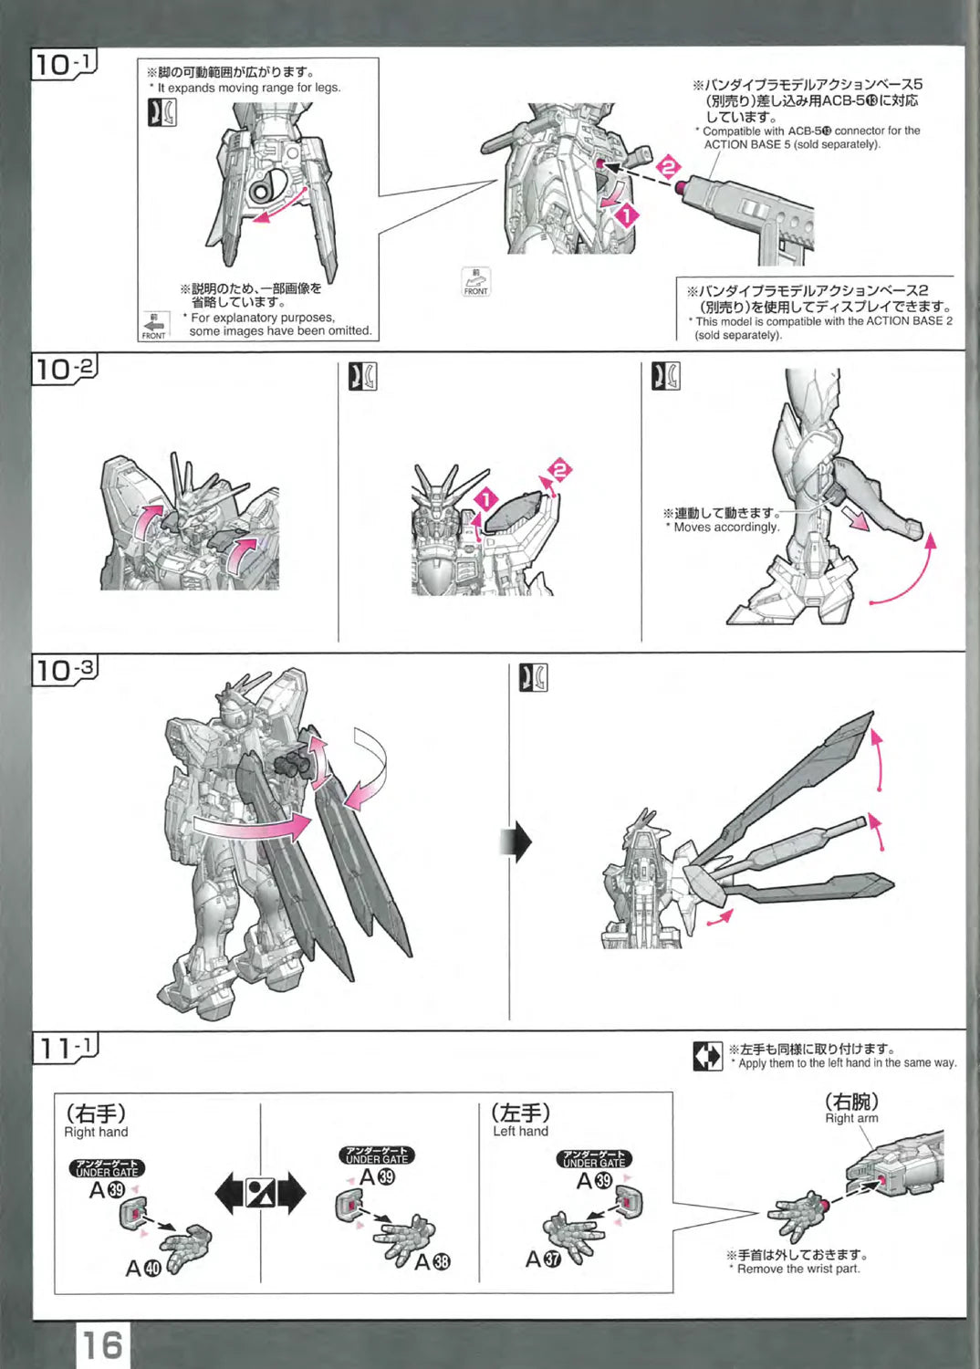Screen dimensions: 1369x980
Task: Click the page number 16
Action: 101,1344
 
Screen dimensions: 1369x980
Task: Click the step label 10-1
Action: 64,65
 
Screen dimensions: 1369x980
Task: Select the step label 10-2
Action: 64,369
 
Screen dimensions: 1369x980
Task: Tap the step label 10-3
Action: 64,671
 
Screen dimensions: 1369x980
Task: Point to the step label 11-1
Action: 65,1048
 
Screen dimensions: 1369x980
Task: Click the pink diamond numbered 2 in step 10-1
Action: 669,168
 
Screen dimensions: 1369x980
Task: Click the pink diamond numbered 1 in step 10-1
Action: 627,215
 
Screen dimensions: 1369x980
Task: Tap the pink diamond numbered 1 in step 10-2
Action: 486,499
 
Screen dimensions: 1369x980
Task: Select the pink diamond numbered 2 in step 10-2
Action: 559,471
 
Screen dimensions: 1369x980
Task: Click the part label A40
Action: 142,1268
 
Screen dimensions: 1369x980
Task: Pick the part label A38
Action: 432,1261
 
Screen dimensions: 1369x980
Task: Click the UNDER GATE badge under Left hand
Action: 594,1159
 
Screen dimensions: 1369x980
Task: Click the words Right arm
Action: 851,1118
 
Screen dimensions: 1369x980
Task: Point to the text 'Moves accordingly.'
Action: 726,527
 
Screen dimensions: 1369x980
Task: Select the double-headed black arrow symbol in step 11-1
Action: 261,1193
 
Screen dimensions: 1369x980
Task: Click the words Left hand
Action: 520,1131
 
